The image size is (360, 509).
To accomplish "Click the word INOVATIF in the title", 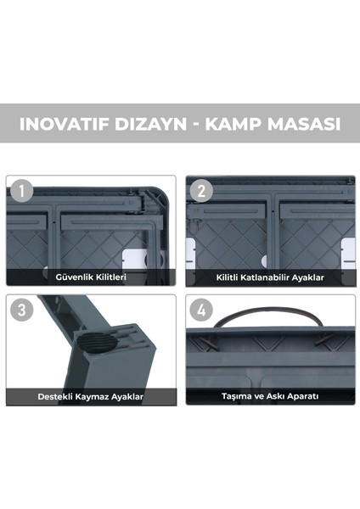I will [x=64, y=123].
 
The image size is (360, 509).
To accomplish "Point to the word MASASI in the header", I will [x=306, y=123].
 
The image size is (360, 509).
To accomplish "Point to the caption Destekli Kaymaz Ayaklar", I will [x=91, y=396].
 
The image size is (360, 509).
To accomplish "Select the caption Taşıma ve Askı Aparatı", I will [x=269, y=396].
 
